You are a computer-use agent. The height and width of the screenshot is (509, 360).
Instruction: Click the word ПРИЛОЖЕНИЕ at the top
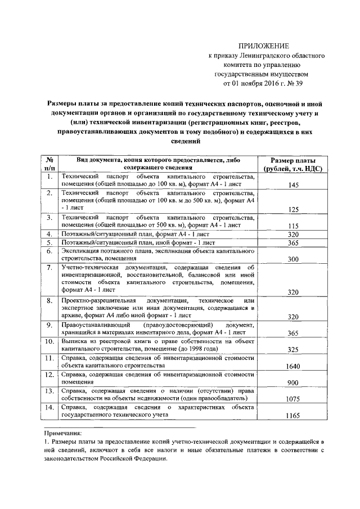pos(263,45)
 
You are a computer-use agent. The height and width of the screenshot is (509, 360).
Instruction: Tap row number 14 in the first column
pos(49,407)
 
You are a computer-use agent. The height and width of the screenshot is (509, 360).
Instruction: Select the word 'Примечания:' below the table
pos(62,433)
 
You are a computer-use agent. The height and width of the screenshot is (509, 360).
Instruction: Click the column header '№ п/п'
pos(49,163)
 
